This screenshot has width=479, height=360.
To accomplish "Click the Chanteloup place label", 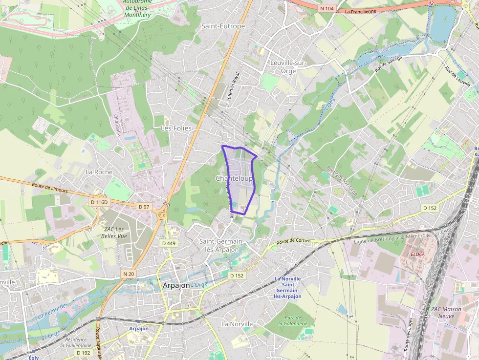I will [235, 179].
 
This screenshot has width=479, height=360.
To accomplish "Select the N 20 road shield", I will [128, 274].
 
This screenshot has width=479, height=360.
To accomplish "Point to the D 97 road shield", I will [144, 207].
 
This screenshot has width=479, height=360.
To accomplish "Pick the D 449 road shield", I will [168, 243].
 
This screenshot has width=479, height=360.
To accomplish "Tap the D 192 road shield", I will [84, 353].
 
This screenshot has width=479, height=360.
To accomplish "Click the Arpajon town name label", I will [176, 285].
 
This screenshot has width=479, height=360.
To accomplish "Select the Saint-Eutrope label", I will [223, 26].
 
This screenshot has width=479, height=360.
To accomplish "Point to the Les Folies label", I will [176, 128].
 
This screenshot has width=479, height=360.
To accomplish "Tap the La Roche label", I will [99, 172].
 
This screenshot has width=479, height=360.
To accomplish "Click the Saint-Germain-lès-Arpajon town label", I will [219, 245].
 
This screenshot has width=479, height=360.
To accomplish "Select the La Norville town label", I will [237, 324].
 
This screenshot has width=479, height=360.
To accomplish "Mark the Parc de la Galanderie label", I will [292, 320].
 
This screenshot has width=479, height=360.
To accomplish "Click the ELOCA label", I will [417, 254].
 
